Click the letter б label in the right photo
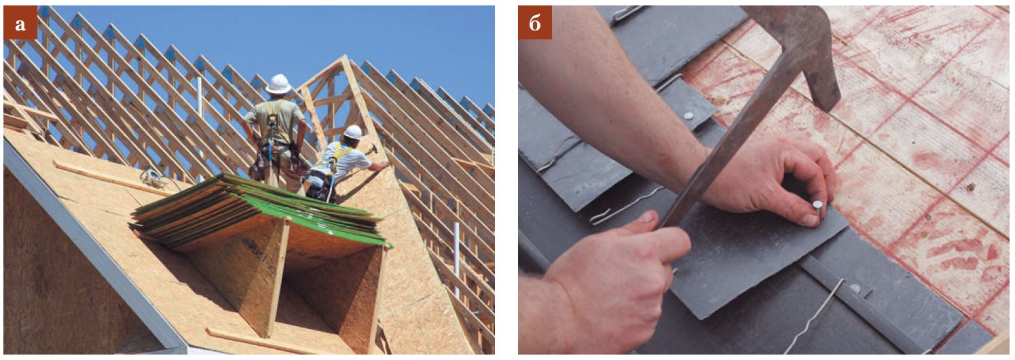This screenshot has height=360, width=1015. (535, 22)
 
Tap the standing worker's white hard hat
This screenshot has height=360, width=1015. (278, 84)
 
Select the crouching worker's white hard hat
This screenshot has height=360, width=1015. (352, 132)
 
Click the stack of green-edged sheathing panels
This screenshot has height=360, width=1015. (261, 210)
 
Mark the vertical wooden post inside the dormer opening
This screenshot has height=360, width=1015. (277, 276)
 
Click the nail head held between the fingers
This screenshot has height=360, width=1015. (817, 205)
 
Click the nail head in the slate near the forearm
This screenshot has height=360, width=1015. (688, 115)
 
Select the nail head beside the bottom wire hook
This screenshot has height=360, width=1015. (855, 287)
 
